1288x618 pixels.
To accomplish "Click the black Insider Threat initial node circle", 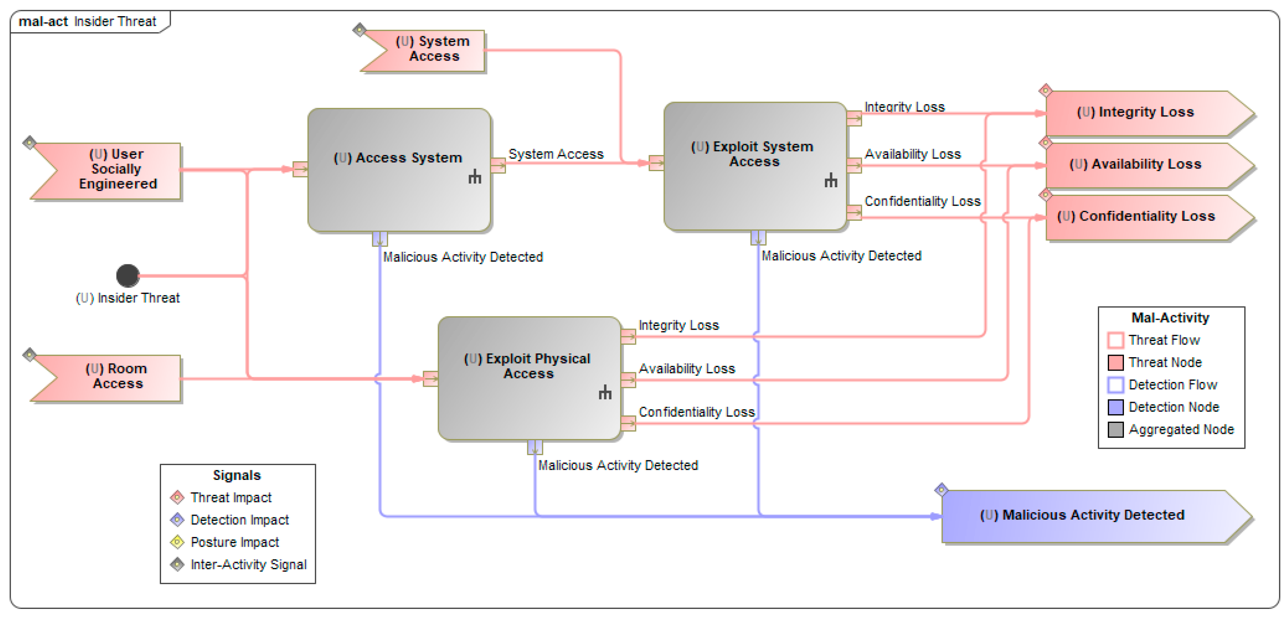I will tap(128, 275).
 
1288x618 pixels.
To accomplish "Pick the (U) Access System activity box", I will tap(399, 170).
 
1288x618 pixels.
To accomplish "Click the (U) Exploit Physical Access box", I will tap(529, 378).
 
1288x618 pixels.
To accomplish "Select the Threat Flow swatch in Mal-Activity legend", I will tap(1115, 340).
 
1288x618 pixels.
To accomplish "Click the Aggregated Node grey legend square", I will tap(1115, 430).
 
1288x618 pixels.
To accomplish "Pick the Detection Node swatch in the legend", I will tap(1115, 407).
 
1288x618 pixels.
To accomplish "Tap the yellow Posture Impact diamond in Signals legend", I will tap(177, 542).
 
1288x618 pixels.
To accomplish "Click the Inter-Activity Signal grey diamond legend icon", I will tap(177, 565).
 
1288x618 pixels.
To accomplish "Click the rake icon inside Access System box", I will tap(475, 177).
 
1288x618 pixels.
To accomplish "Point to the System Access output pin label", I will tap(556, 154).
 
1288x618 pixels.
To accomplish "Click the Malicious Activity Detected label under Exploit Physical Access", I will tap(617, 465).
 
